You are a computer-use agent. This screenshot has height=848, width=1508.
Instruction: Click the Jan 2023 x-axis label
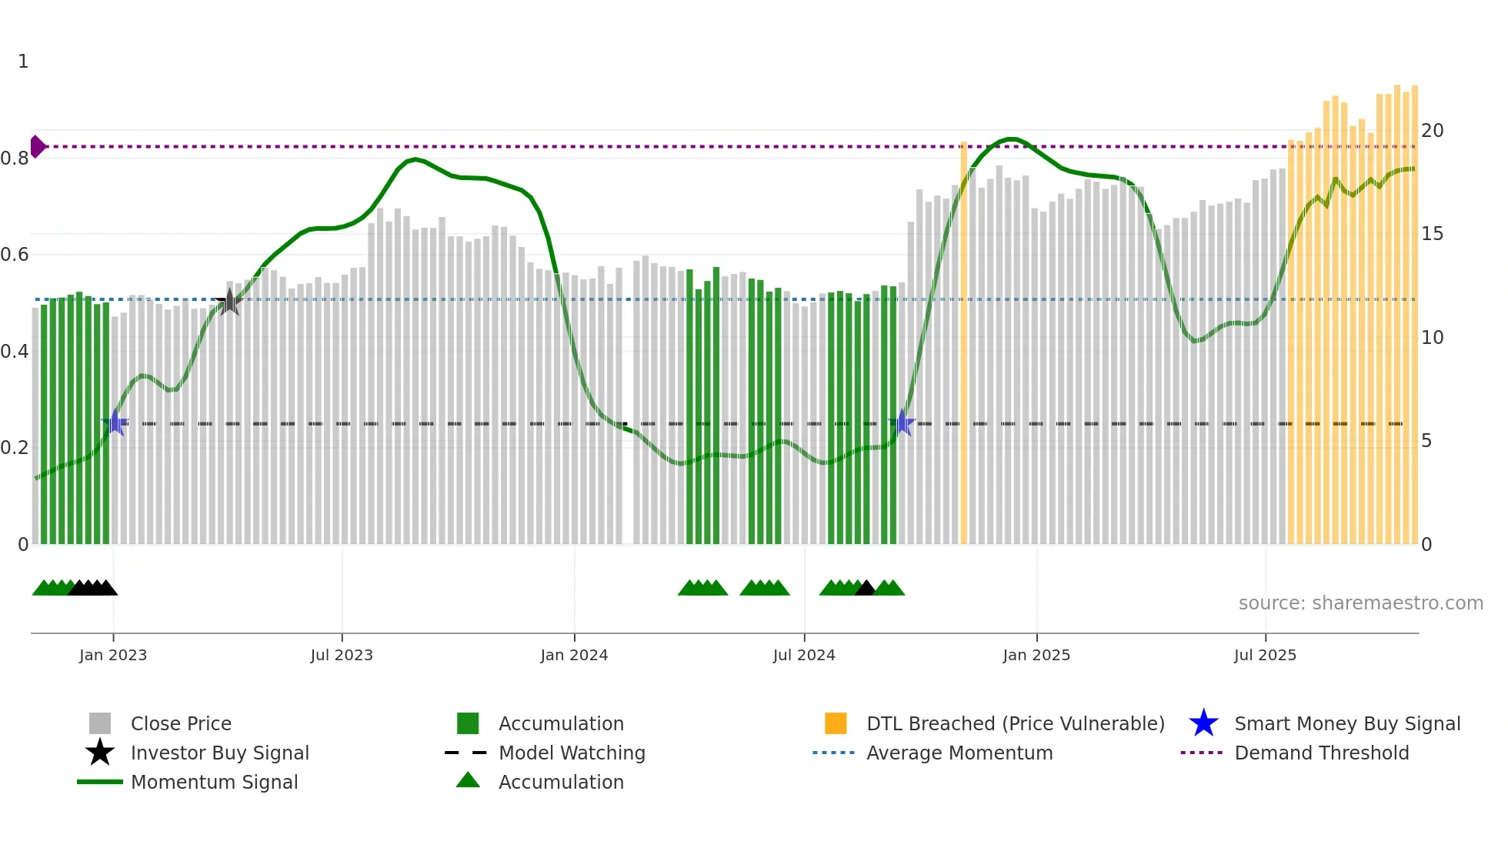click(112, 655)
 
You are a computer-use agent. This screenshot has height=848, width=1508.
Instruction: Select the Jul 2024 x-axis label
click(804, 655)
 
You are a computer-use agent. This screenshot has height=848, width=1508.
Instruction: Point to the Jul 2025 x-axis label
click(1265, 655)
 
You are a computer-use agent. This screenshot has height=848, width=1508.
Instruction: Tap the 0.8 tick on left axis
click(15, 159)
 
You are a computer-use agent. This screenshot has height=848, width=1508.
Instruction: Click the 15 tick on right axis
click(1432, 234)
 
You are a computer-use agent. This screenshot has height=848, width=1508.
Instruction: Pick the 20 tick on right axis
click(1432, 131)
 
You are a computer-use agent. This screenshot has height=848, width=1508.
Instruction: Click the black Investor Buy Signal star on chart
click(229, 302)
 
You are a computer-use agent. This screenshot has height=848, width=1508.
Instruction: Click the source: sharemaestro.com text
click(1360, 603)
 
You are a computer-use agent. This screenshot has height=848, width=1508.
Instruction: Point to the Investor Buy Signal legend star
click(100, 753)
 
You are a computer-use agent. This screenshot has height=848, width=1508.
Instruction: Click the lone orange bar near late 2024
click(963, 346)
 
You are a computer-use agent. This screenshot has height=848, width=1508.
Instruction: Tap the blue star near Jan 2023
click(115, 422)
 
